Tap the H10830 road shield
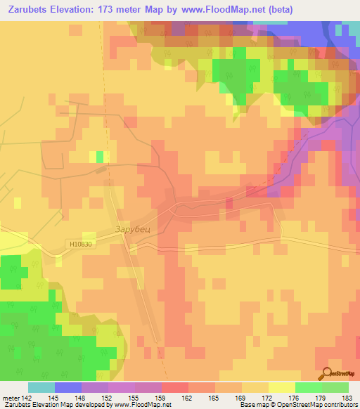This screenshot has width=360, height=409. tap(81, 244)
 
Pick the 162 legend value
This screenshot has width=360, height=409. tap(188, 398)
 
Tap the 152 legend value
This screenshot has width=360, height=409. tap(108, 398)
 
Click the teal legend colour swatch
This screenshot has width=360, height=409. tap(41, 387)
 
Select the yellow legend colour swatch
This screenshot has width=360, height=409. tap(281, 387)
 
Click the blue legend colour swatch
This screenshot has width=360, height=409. tap(68, 387)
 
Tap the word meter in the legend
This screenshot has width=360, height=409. tap(10, 398)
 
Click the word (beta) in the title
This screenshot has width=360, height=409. tap(278, 9)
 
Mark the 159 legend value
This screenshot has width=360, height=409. tap(161, 398)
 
